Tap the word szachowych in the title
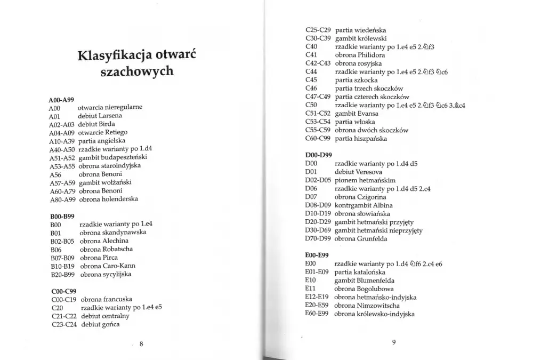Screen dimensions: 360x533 [x=137, y=71]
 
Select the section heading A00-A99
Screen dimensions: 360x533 [x=61, y=99]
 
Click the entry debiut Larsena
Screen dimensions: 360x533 [x=100, y=115]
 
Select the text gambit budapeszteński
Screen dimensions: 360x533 [x=112, y=157]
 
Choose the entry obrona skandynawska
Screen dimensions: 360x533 [x=113, y=233]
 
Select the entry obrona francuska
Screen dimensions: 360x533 [x=107, y=299]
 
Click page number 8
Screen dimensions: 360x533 [x=141, y=344]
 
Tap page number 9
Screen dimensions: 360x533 [x=394, y=342]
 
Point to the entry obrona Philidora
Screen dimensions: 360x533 [x=360, y=55]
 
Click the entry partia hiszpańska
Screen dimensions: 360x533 [x=361, y=139]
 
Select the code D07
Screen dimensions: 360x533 [x=311, y=197]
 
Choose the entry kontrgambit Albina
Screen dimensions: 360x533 [x=364, y=205]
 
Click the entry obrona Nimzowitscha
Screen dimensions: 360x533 [x=367, y=306]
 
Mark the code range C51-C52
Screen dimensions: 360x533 [x=318, y=114]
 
